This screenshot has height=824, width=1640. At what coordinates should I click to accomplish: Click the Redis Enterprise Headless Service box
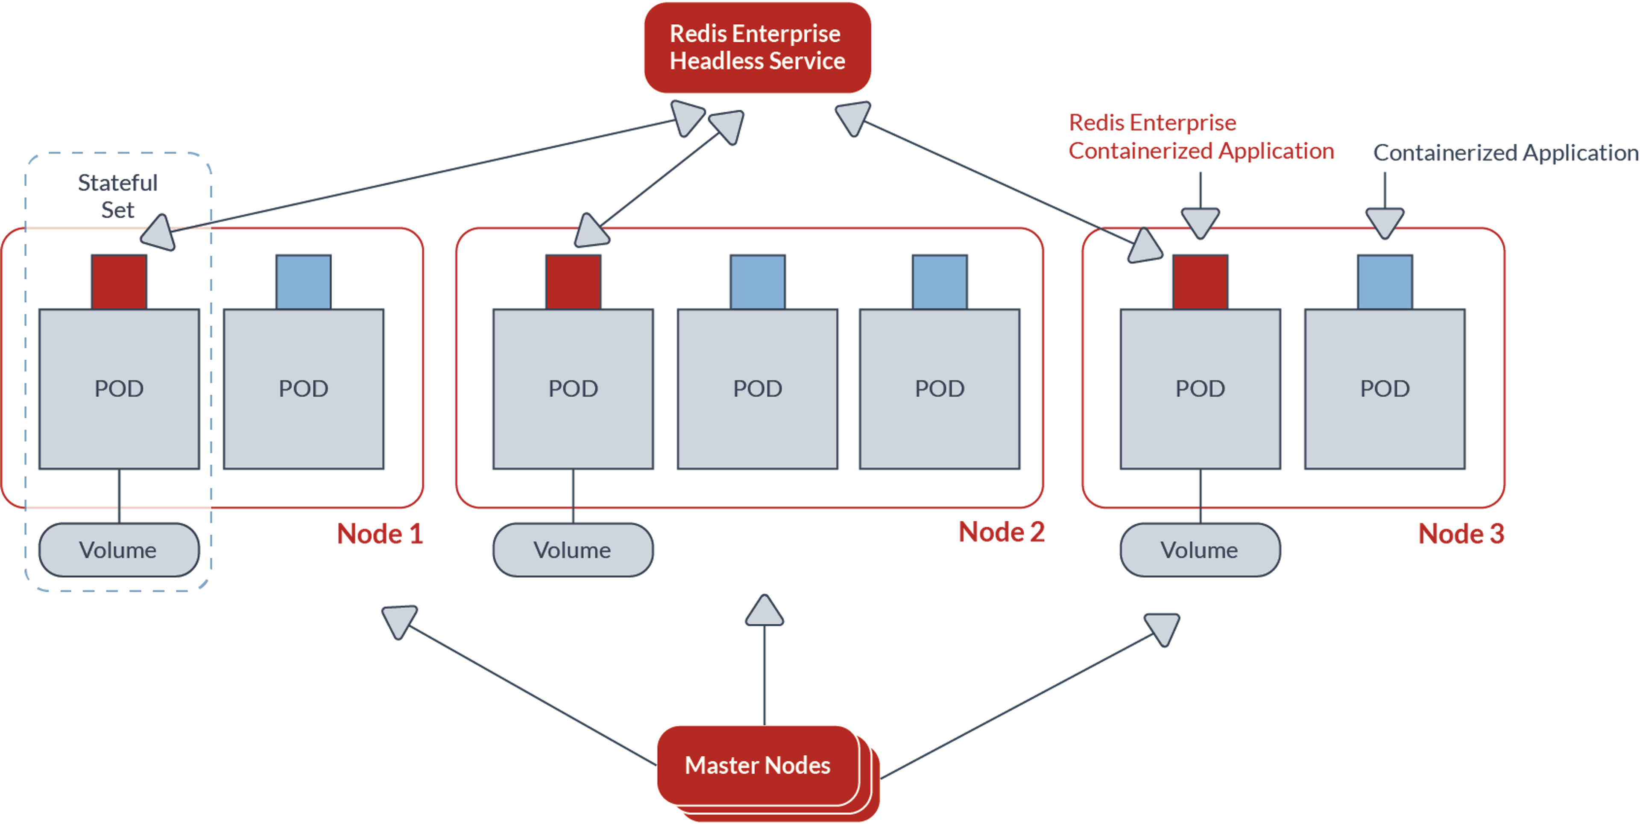tap(757, 48)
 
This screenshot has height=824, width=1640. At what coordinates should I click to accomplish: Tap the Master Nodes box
tap(758, 765)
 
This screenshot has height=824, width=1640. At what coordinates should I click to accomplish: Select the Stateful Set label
tap(118, 196)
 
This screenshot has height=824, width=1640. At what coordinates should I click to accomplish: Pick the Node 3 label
tap(1461, 534)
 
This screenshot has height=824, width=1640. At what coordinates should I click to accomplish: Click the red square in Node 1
tap(119, 282)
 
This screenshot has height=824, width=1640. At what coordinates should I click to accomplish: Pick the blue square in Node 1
tap(304, 282)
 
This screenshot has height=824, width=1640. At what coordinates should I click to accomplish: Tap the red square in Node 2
tap(573, 282)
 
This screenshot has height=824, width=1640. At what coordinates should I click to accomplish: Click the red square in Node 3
tap(1200, 282)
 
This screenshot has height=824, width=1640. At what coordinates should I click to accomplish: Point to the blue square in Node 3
tap(1385, 282)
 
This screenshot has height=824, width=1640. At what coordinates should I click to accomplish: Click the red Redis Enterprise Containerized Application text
tap(1201, 137)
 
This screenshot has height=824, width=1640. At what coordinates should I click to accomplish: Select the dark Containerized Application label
tap(1505, 153)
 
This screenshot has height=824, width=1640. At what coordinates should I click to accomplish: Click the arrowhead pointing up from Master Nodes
tap(764, 611)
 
